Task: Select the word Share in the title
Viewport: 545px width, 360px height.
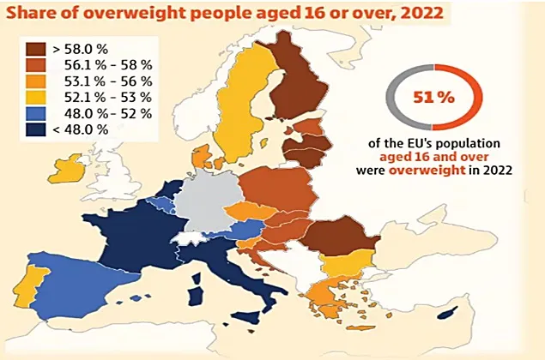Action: click(x=32, y=13)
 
